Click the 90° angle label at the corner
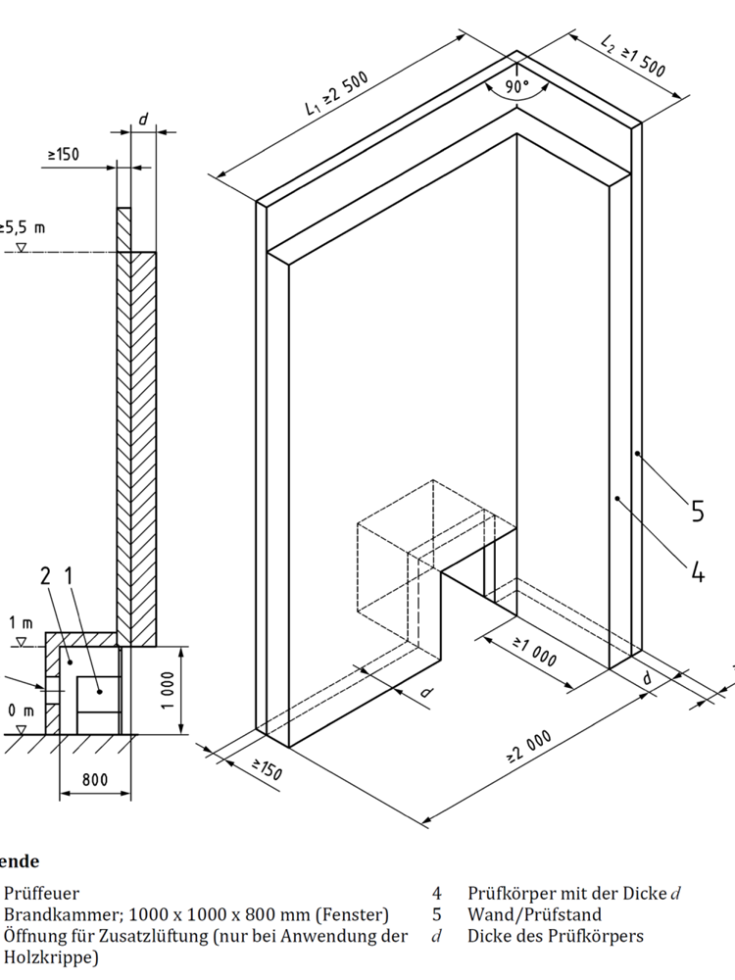click(516, 84)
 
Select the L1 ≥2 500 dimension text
click(335, 96)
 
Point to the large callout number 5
click(697, 511)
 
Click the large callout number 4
click(697, 570)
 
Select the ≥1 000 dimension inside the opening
click(535, 651)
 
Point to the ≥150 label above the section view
click(63, 154)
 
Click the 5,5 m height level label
click(23, 227)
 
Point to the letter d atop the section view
click(142, 119)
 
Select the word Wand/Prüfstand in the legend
click(534, 914)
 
